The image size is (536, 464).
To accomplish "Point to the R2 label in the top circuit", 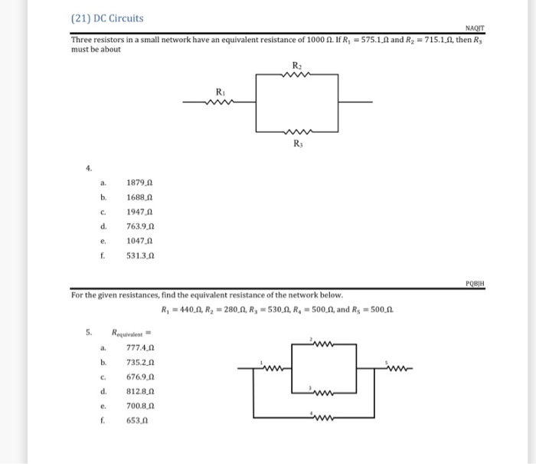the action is coord(297,64).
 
